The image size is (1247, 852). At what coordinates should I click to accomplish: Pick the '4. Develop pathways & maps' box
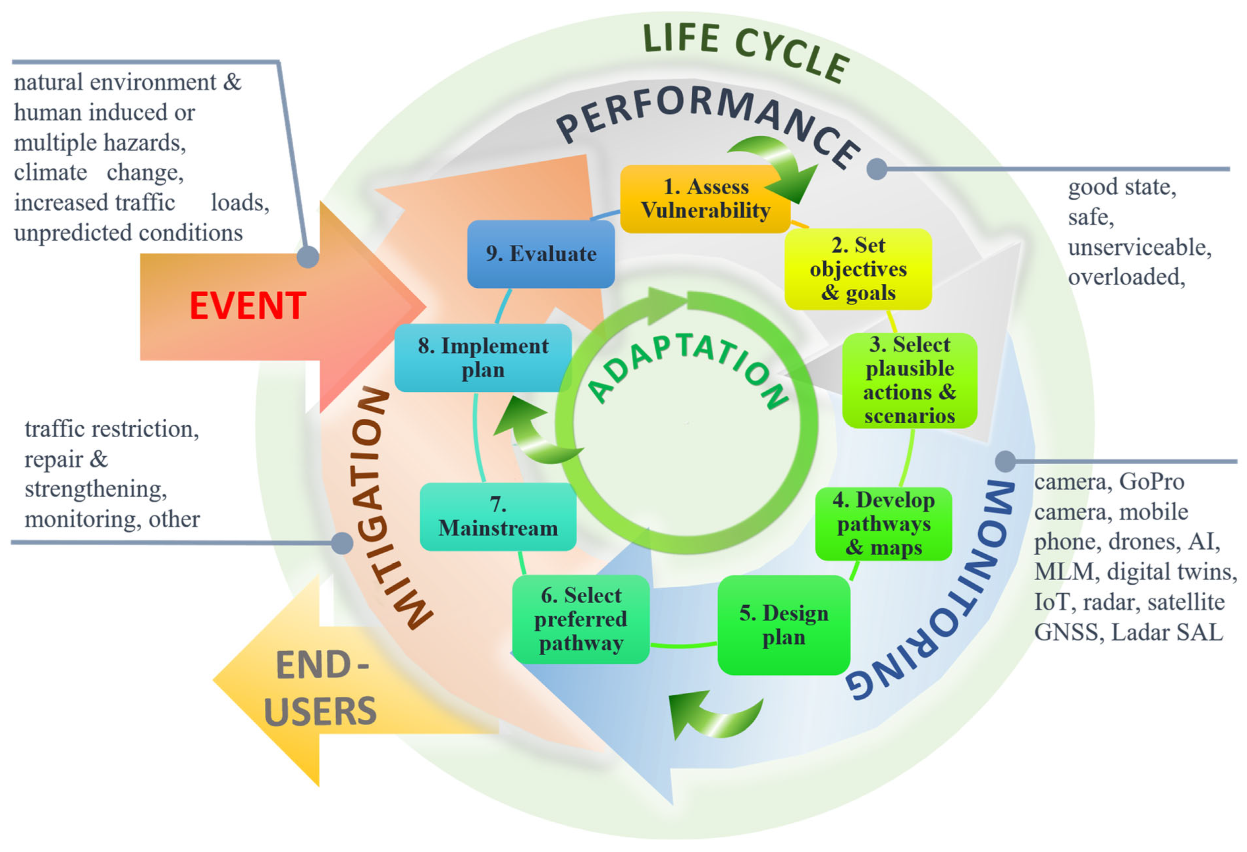click(883, 524)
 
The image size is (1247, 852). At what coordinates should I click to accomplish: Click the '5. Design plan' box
click(783, 626)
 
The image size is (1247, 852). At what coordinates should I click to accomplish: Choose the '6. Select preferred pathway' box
click(581, 619)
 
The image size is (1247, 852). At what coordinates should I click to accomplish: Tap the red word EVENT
click(247, 306)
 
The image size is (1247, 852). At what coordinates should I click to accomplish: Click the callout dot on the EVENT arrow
click(308, 256)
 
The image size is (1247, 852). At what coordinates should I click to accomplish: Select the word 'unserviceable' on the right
click(1139, 247)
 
